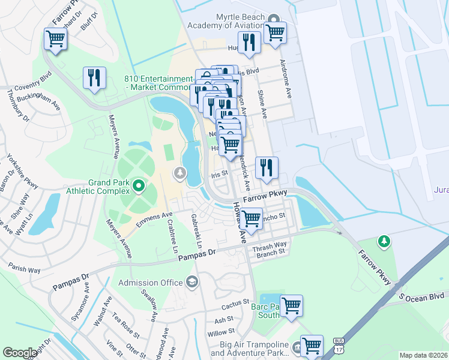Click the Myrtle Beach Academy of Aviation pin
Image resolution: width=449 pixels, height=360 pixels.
pos(274,19)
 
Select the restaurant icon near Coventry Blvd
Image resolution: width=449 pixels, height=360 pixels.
pos(94,77)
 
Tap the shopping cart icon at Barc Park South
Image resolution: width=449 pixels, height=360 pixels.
pos(291,305)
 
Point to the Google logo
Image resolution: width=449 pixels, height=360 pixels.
pos(20,353)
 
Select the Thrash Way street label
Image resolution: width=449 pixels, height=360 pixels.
pos(270,245)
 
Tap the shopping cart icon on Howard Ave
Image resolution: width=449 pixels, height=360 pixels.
pos(251,217)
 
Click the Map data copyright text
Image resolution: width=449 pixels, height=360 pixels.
pos(424,355)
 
